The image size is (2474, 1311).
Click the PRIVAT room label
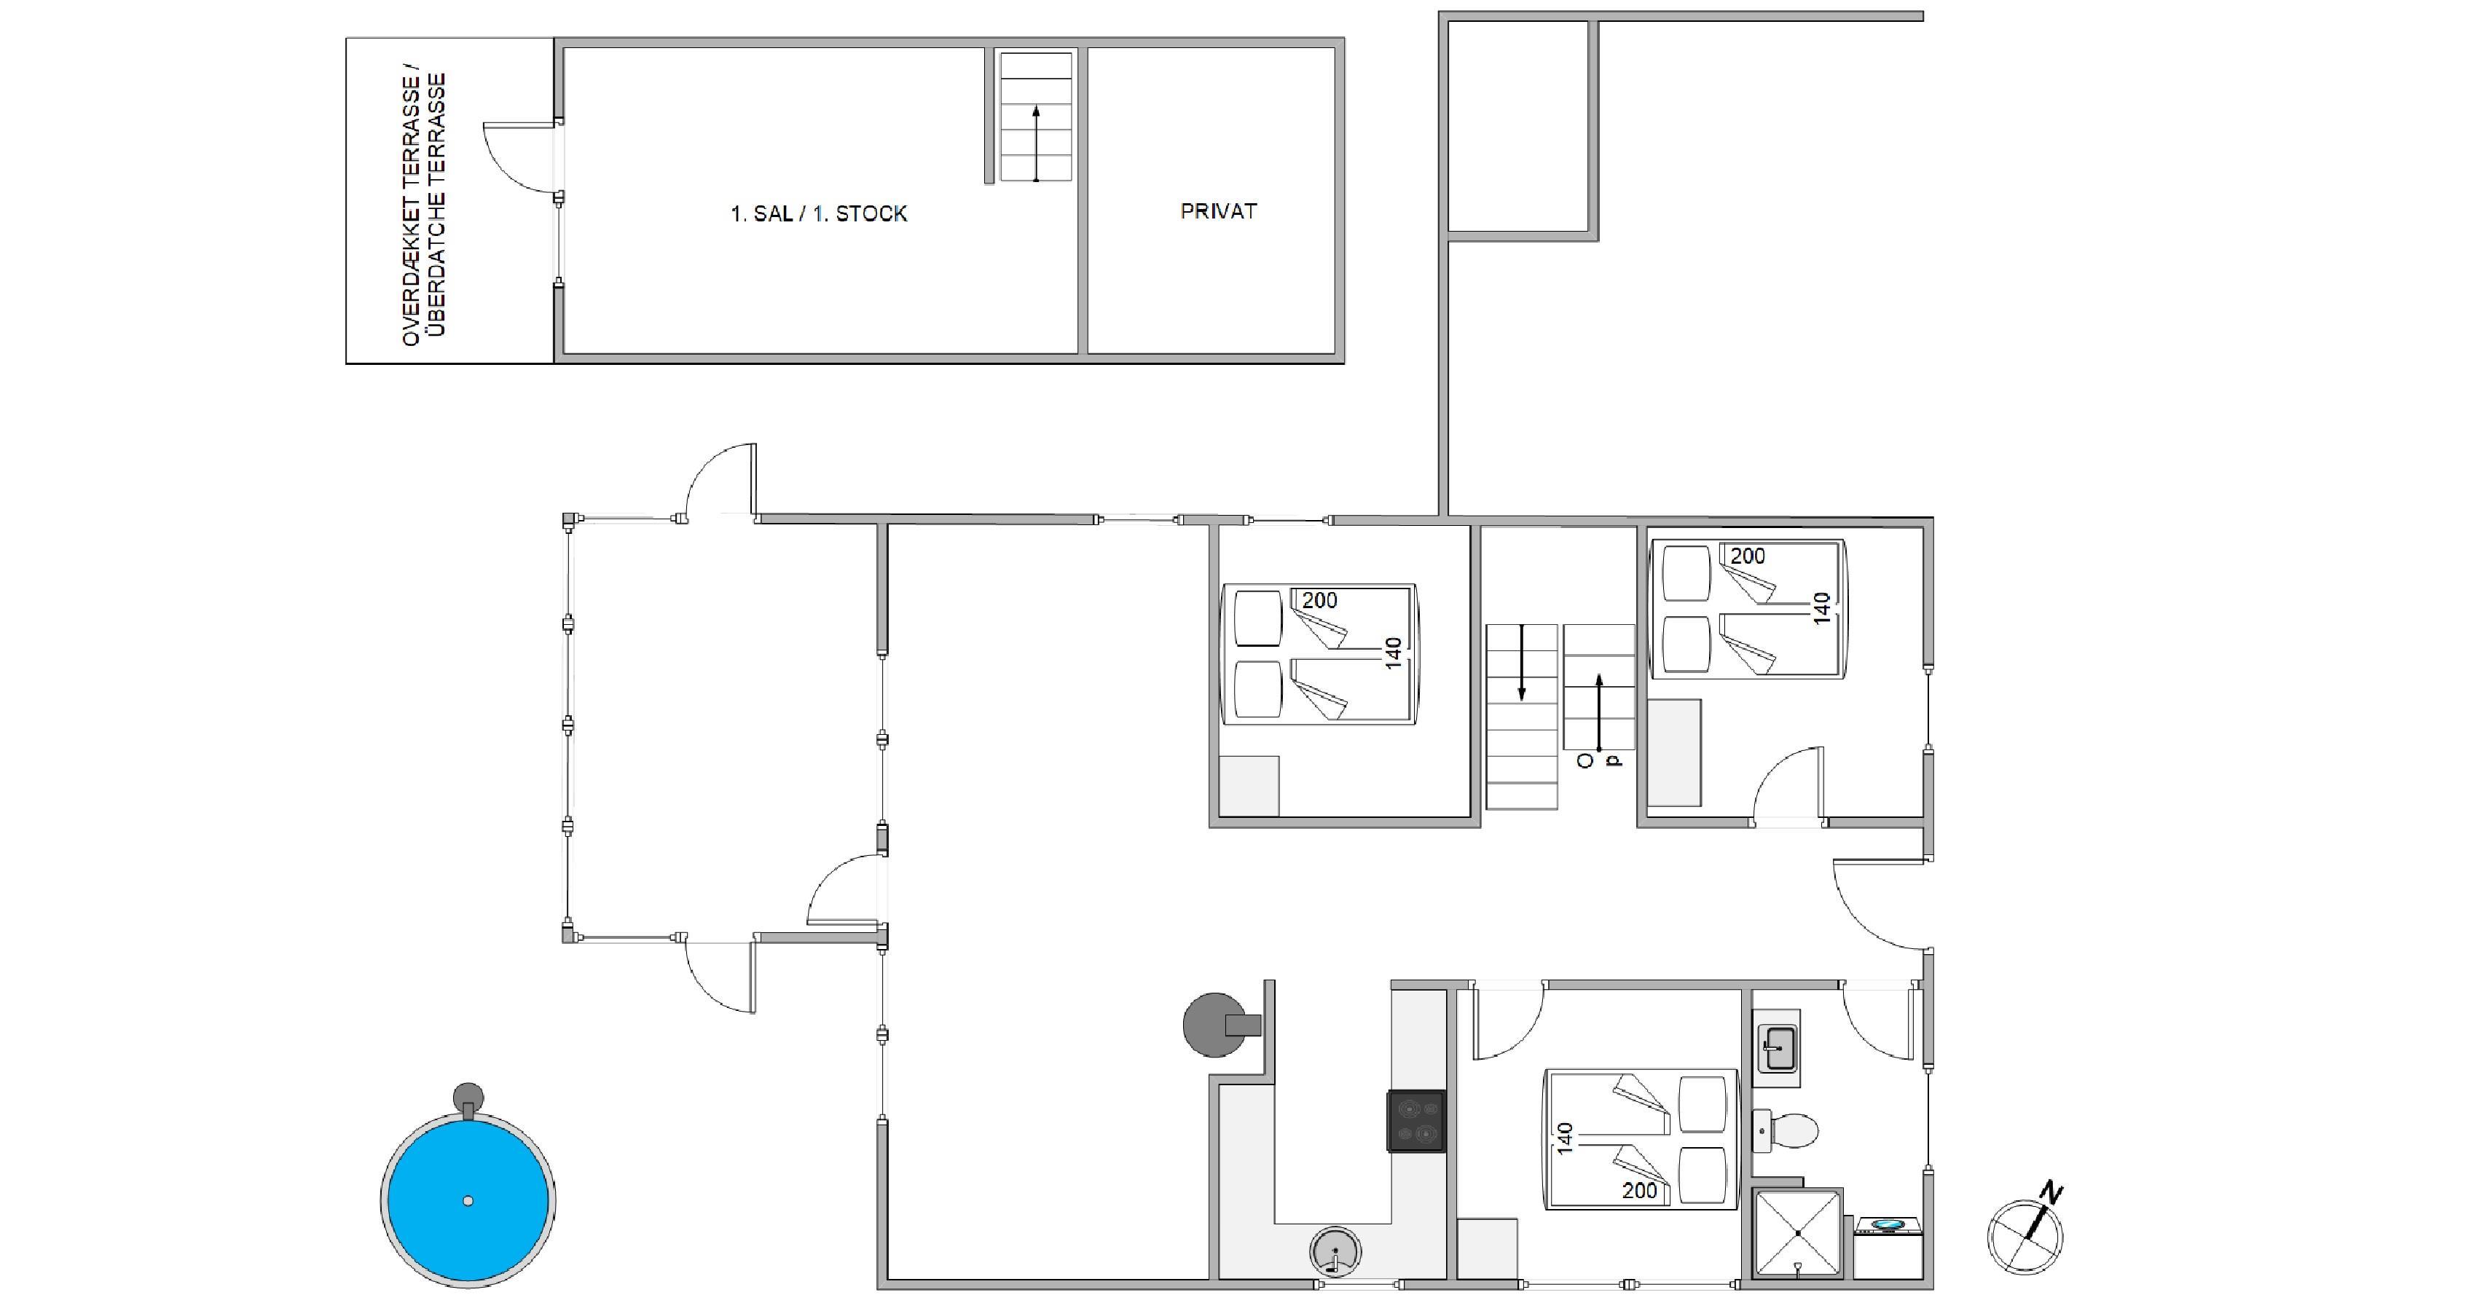[x=1218, y=211]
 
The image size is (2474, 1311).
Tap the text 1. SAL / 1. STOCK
[x=818, y=213]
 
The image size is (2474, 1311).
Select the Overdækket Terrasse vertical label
[x=423, y=208]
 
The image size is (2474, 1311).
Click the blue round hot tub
[x=468, y=1200]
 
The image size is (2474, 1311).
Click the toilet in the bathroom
[x=1786, y=1130]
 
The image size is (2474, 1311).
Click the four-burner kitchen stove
[x=1415, y=1121]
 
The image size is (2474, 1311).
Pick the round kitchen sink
[x=1335, y=1251]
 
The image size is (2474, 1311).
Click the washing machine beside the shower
[x=1888, y=1248]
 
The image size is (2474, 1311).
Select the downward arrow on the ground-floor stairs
[x=1521, y=663]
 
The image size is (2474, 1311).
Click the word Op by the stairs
[x=1599, y=760]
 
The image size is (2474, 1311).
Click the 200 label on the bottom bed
[x=1639, y=1191]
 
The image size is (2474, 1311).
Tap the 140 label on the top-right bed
[x=1821, y=608]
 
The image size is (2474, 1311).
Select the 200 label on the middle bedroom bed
[x=1319, y=600]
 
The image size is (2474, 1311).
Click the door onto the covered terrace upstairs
[x=521, y=160]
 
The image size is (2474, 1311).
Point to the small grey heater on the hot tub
[x=468, y=1098]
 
